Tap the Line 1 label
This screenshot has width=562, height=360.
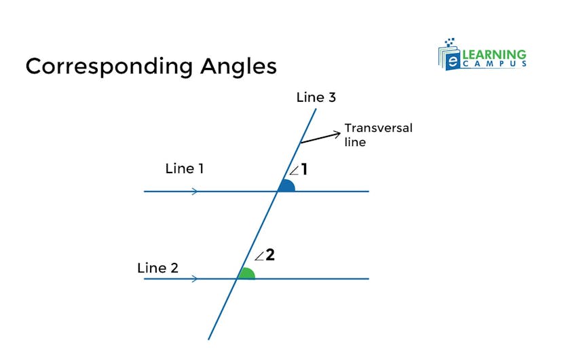click(x=184, y=168)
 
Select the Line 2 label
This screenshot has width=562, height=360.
click(x=157, y=268)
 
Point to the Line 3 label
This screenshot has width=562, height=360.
click(x=316, y=97)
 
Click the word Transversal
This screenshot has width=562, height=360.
click(x=378, y=128)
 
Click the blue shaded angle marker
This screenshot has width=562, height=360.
click(x=286, y=186)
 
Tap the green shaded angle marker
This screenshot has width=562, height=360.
click(x=246, y=274)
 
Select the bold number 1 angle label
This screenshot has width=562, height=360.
click(x=304, y=169)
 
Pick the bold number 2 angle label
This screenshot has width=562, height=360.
click(x=269, y=255)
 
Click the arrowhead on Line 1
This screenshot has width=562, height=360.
click(x=195, y=192)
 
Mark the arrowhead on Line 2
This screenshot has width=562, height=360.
click(x=195, y=278)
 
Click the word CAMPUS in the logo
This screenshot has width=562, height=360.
click(x=497, y=64)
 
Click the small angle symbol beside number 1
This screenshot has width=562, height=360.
click(x=294, y=170)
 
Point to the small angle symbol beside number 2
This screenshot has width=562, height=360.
click(x=259, y=257)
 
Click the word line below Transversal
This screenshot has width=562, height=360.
click(x=355, y=142)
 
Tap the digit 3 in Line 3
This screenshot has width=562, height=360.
click(x=331, y=97)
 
